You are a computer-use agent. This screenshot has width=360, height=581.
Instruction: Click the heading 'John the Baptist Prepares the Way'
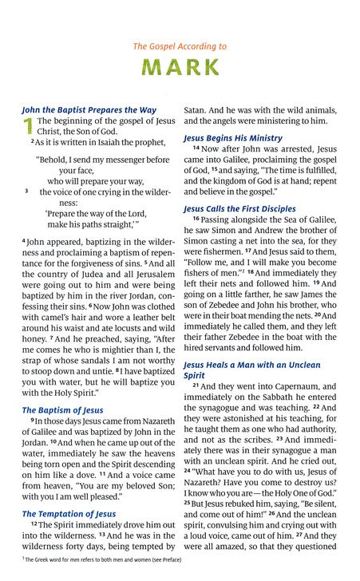tap(89, 109)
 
